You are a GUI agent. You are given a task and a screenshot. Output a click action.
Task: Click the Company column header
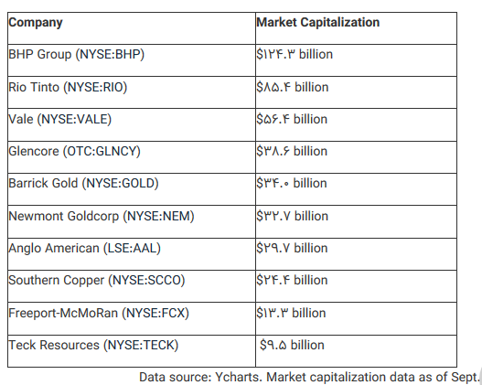click(36, 23)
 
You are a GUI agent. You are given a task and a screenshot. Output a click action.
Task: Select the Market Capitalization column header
click(318, 23)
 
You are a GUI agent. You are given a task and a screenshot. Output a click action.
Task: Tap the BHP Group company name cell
click(77, 55)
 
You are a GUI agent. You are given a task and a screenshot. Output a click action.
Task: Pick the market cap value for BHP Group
click(295, 54)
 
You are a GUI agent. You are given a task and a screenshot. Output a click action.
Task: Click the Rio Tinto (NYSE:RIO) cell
click(68, 87)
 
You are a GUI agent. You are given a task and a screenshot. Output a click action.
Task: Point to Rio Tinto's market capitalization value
click(293, 87)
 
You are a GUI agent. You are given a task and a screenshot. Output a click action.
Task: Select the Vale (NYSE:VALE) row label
click(60, 119)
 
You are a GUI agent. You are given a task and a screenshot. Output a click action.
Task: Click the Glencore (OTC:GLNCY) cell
click(75, 152)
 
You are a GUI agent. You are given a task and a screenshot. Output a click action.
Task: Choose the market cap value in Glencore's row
click(292, 151)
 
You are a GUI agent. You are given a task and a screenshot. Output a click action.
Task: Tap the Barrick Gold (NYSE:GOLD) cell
click(83, 184)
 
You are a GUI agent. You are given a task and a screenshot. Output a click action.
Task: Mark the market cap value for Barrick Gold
click(292, 183)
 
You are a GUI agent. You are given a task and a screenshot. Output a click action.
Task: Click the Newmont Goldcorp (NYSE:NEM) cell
click(102, 217)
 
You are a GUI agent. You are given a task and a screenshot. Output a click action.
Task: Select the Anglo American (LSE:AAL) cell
click(85, 248)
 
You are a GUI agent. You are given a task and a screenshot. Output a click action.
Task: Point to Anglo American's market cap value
click(293, 248)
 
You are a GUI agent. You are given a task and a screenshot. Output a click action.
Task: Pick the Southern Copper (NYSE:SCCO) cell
click(97, 280)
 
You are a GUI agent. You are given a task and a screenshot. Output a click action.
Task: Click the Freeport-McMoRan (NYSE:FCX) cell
click(99, 313)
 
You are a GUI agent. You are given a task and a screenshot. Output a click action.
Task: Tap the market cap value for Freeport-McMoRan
click(291, 313)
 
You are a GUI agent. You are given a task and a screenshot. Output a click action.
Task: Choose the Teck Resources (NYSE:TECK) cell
click(93, 345)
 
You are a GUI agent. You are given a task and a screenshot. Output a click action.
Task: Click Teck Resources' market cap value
click(292, 345)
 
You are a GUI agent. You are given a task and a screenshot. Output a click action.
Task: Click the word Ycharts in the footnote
click(238, 377)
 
